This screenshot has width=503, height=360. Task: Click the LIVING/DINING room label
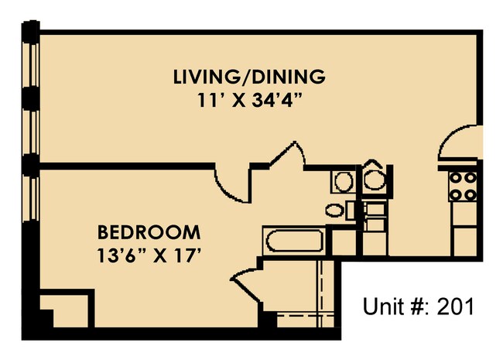248,77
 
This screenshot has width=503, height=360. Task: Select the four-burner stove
464,186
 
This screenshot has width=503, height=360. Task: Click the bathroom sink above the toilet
342,182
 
